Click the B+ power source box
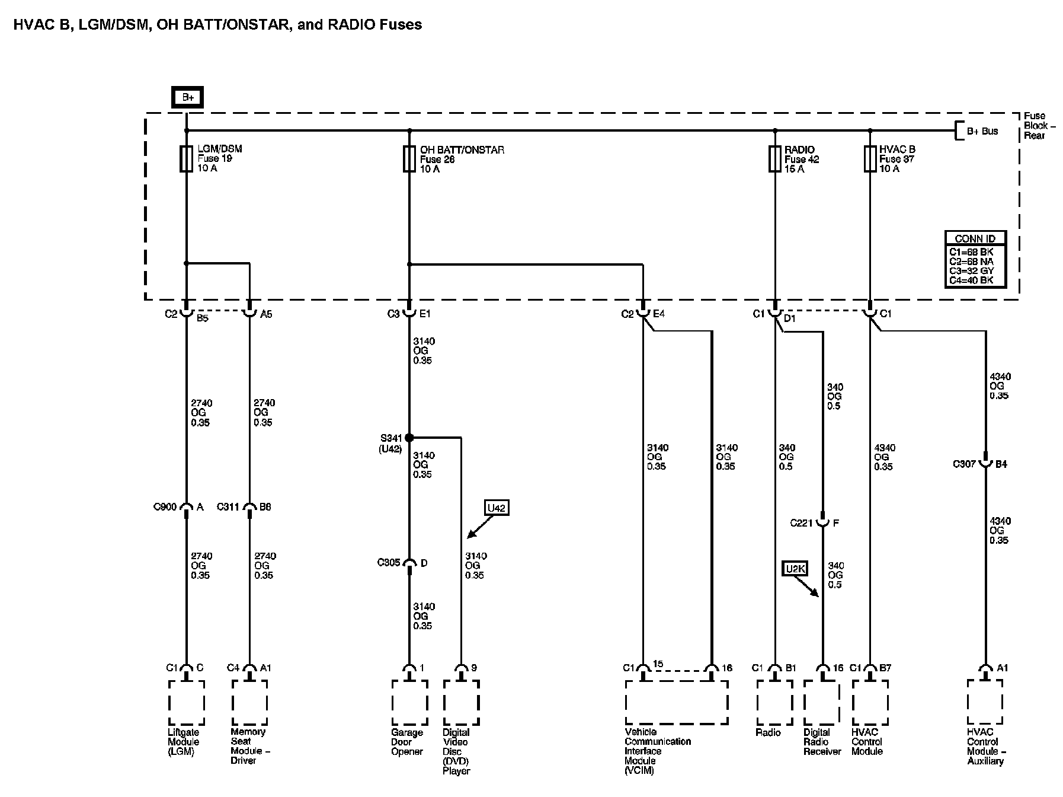(187, 97)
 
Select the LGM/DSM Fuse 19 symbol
(186, 159)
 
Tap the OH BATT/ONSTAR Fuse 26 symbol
(409, 159)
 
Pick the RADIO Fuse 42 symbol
(774, 159)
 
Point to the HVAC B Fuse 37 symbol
(869, 159)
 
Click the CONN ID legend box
(975, 260)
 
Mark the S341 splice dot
(409, 438)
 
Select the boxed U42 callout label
(496, 508)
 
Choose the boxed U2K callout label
(795, 569)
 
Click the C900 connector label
(165, 507)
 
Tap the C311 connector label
(228, 507)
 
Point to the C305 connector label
(389, 562)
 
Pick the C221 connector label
(802, 523)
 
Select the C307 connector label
(964, 464)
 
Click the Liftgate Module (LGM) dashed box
(186, 703)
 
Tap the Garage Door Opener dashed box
(409, 703)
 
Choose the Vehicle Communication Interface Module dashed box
(677, 703)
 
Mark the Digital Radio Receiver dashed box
(822, 703)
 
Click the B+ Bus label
(982, 131)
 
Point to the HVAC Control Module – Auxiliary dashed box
(985, 703)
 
